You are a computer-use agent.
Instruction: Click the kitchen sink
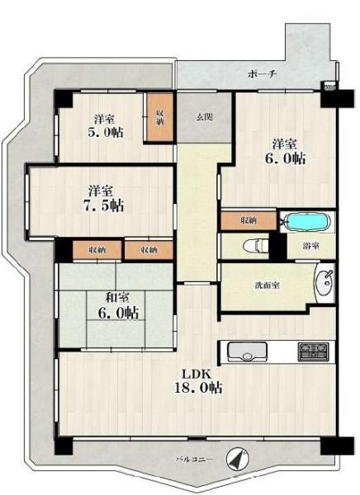[x=247, y=352]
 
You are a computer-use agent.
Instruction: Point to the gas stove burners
[x=313, y=352]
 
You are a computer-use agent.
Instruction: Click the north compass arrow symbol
[x=238, y=459]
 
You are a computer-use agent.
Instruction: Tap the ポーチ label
[x=263, y=74]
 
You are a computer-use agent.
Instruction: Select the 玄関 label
[x=205, y=117]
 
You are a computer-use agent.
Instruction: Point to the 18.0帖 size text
[x=198, y=388]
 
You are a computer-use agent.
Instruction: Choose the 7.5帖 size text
[x=103, y=205]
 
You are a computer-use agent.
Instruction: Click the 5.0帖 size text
[x=105, y=132]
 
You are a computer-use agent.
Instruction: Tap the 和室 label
[x=117, y=297]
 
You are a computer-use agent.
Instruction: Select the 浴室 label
[x=310, y=246]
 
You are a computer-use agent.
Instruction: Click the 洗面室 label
[x=267, y=285]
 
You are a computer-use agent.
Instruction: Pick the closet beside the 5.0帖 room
[x=160, y=117]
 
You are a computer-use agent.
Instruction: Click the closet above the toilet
[x=249, y=220]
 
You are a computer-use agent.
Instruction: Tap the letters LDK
[x=196, y=374]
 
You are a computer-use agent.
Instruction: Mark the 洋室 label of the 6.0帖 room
[x=285, y=144]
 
